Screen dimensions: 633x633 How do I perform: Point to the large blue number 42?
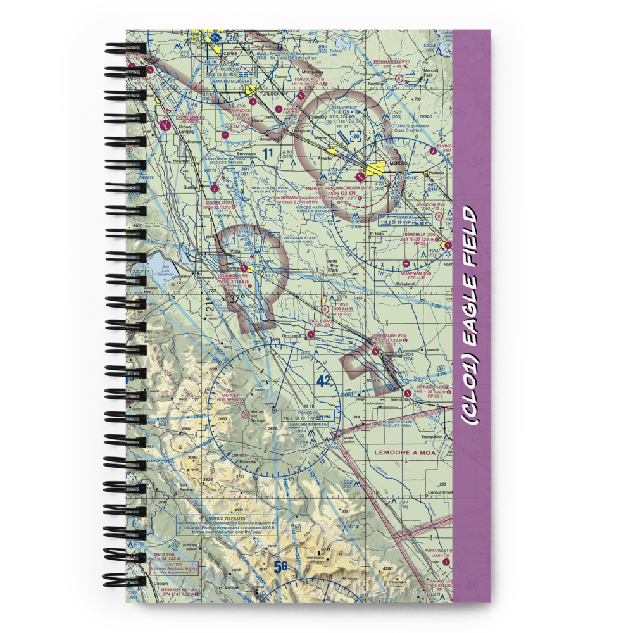323,381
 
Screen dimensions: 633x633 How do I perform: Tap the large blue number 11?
268,153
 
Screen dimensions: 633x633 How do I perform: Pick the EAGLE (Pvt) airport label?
320,321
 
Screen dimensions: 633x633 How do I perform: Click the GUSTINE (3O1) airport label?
219,203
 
